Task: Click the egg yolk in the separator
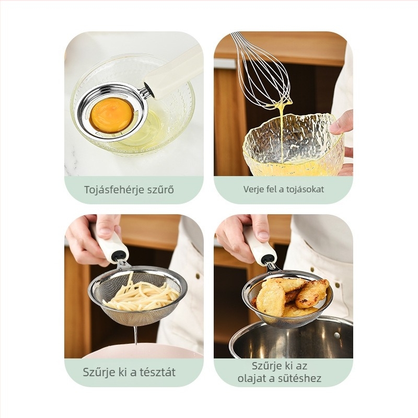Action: tap(112, 115)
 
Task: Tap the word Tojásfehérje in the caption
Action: tap(113, 190)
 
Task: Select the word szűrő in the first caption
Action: tap(160, 190)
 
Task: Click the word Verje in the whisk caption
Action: tap(251, 190)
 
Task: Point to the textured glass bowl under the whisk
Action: tap(293, 145)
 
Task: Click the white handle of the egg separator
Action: tap(173, 73)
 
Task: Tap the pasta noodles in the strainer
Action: tap(142, 295)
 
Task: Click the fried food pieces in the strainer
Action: tap(291, 296)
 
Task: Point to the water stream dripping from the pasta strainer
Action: tap(136, 335)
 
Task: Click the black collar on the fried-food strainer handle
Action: tap(268, 258)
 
